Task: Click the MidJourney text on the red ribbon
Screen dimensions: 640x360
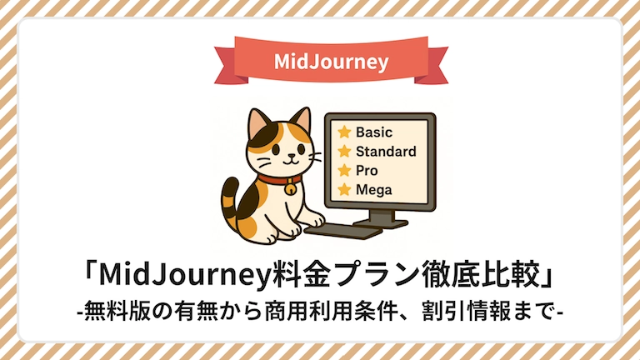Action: click(x=331, y=62)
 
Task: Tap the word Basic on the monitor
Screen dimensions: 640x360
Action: click(x=374, y=132)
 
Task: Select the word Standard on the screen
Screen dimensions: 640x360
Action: click(x=386, y=151)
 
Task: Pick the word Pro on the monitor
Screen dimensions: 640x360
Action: click(x=367, y=170)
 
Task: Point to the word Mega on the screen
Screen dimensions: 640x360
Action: click(x=373, y=190)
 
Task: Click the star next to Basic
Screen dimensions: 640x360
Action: click(x=344, y=132)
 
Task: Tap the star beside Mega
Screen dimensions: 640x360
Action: click(x=344, y=189)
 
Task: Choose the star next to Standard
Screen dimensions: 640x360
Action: click(x=344, y=151)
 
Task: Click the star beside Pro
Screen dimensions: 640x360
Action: click(x=344, y=170)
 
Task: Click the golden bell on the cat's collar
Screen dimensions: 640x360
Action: click(x=290, y=187)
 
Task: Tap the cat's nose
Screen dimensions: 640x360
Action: click(x=291, y=155)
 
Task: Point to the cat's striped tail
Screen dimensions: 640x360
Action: click(x=231, y=204)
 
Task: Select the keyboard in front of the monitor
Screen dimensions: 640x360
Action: click(x=342, y=232)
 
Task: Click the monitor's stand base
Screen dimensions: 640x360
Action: click(x=380, y=223)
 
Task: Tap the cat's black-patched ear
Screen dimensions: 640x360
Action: click(x=259, y=122)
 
